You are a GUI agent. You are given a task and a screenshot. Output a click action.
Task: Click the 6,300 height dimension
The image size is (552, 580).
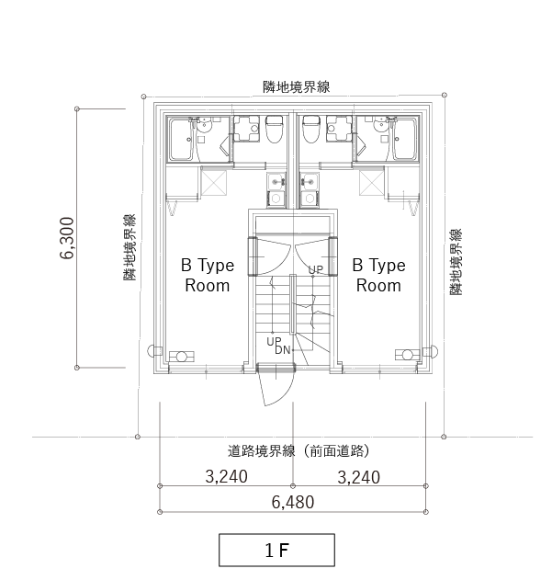coord(67,238)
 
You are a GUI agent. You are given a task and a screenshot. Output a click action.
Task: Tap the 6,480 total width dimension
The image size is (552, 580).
coord(293,502)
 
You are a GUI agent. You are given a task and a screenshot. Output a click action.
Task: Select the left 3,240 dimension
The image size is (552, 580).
coord(226,476)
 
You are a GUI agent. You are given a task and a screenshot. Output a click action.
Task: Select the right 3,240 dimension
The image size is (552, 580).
coord(358,477)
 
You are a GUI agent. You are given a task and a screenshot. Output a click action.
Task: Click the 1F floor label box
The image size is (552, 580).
coord(276,550)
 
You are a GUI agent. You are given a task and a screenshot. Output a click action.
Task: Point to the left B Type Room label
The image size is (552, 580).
coord(208,275)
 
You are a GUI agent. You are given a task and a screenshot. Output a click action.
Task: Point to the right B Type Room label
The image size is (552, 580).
coord(378,275)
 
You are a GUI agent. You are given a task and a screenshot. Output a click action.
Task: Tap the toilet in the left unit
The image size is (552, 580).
coord(275,129)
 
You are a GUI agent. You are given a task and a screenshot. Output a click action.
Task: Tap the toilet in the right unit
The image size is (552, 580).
coord(311,129)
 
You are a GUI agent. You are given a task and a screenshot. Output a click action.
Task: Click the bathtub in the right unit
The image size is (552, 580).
coord(405,139)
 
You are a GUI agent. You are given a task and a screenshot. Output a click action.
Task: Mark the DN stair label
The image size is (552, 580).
coord(283,349)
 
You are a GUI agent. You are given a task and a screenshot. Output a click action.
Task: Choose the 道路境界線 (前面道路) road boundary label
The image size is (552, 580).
coord(298,451)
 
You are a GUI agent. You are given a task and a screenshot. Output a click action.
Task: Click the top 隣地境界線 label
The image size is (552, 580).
coord(296,87)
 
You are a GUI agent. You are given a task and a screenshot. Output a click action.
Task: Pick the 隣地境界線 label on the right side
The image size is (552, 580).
coord(456,262)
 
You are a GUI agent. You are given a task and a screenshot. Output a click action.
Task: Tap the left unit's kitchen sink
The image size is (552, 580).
coord(276,182)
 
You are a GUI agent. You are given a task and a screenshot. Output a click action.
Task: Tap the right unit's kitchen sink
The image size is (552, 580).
coord(310,182)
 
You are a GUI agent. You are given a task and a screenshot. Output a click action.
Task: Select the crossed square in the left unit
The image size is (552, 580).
coord(214,183)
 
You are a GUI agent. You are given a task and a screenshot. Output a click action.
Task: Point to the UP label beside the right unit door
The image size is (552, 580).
coord(316,269)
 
